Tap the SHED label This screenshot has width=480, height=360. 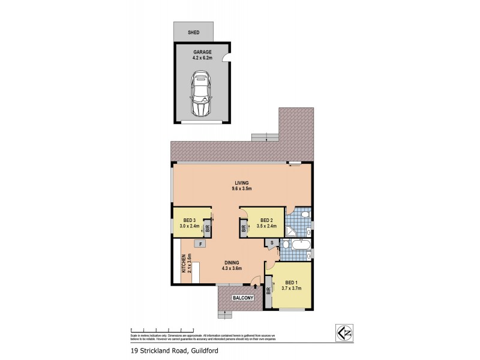tap(193, 32)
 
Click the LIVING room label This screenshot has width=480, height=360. tap(242, 183)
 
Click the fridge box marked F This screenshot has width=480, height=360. tap(199, 244)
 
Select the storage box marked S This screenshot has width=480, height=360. tap(272, 243)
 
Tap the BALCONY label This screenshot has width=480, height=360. tap(241, 298)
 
